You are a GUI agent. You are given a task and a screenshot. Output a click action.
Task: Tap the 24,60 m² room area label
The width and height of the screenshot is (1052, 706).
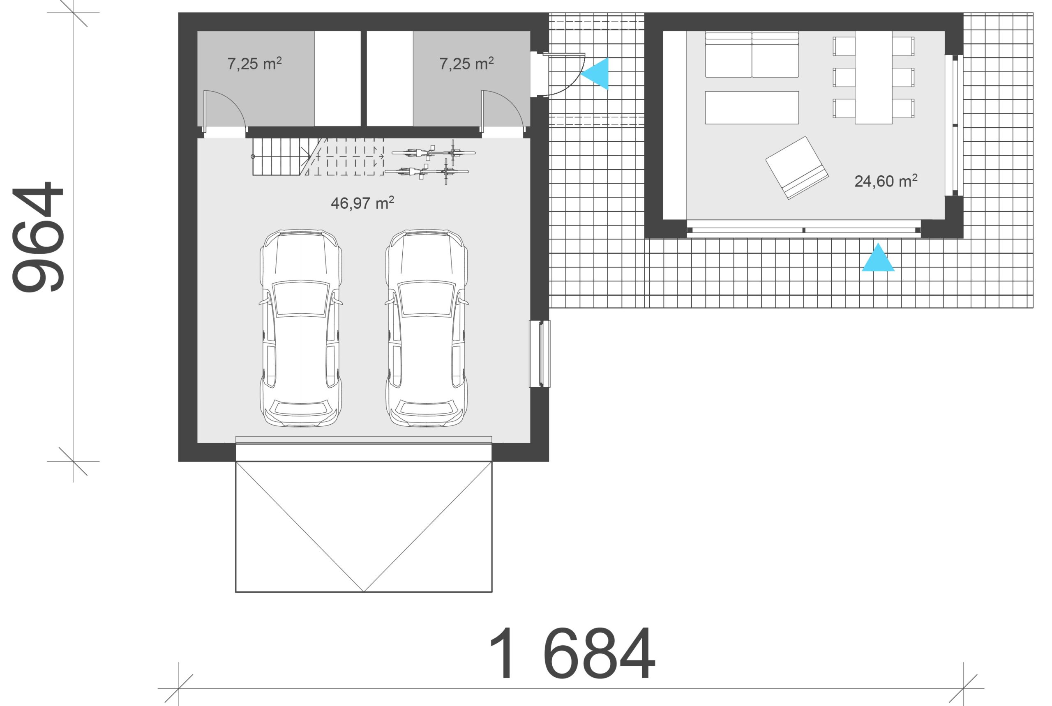886,181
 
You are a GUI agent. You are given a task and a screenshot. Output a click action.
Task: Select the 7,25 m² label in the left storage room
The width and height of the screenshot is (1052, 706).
254,64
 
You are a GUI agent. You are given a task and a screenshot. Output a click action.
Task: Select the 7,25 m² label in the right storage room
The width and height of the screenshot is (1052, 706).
466,64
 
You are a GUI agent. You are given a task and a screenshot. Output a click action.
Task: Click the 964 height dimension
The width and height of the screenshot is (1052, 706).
37,237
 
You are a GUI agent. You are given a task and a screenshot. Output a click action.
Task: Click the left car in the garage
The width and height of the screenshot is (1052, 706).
300,328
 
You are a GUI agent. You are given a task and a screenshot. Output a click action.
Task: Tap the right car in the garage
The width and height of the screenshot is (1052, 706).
426,328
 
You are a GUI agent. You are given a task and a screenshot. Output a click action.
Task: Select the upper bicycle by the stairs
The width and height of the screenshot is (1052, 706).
434,153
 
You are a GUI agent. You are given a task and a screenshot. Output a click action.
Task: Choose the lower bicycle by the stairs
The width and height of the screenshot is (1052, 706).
427,172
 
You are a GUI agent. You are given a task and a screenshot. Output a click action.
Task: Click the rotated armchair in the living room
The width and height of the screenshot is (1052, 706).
796,168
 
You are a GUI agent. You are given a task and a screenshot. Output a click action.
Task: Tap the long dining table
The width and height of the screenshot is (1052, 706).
873,78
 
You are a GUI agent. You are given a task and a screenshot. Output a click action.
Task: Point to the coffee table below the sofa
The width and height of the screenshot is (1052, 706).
752,108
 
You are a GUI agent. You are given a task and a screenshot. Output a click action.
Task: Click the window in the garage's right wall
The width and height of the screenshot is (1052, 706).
539,354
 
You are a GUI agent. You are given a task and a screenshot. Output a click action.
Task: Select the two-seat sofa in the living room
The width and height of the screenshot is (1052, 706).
752,55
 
